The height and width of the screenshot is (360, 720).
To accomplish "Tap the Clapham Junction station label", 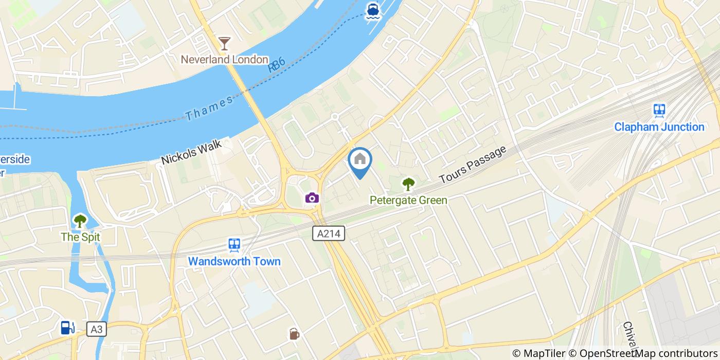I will pos(659,127).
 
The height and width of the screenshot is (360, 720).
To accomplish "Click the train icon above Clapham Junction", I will pos(659,110).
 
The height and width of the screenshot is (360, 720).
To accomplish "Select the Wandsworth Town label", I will pos(235,261).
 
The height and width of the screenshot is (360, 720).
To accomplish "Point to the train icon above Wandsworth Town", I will pos(235,245).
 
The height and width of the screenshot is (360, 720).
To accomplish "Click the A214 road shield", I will pos(329,234).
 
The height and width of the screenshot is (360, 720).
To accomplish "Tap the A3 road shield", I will pos(96,329).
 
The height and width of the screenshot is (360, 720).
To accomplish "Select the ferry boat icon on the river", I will pos(372,11).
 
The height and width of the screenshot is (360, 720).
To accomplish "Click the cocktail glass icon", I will pos(224,43).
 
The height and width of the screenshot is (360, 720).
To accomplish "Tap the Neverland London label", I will pos(224,60).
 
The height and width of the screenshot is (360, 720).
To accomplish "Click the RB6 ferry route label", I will pos(276,65).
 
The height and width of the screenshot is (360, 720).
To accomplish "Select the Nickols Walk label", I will pos(191,152).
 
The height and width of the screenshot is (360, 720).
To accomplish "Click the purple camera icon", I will pos(312,198).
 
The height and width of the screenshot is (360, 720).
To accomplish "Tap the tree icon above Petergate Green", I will pos(408,183).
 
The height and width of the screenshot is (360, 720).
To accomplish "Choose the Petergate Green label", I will pos(408,200).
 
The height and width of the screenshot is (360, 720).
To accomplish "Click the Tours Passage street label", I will pos(473,165).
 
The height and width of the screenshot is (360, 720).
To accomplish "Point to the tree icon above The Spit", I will pos(80,221).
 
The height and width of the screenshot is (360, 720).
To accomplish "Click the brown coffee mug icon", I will pos(294,334).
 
